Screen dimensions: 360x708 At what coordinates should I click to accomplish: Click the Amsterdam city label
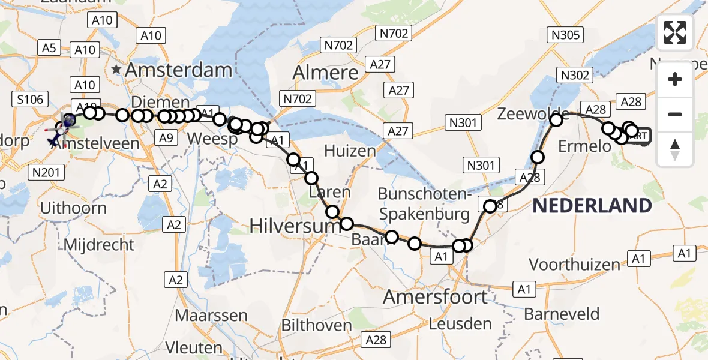178,70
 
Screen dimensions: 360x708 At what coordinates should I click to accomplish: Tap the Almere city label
325,73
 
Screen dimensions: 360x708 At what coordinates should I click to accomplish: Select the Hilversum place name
286,226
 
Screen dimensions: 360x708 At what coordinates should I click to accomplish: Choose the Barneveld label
562,313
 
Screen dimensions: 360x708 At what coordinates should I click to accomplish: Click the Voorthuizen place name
574,264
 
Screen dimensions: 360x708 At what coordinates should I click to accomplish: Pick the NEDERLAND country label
592,206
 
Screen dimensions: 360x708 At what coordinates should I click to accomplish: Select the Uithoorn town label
73,208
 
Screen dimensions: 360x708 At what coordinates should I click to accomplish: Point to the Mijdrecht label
99,245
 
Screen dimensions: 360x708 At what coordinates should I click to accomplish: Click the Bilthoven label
317,325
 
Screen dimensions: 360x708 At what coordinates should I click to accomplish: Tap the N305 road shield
565,35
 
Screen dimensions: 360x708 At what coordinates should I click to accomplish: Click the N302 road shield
575,75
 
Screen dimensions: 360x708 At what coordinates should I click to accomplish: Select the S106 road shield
30,99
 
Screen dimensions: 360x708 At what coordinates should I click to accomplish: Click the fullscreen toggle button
675,32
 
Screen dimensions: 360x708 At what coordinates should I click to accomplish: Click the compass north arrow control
675,149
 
